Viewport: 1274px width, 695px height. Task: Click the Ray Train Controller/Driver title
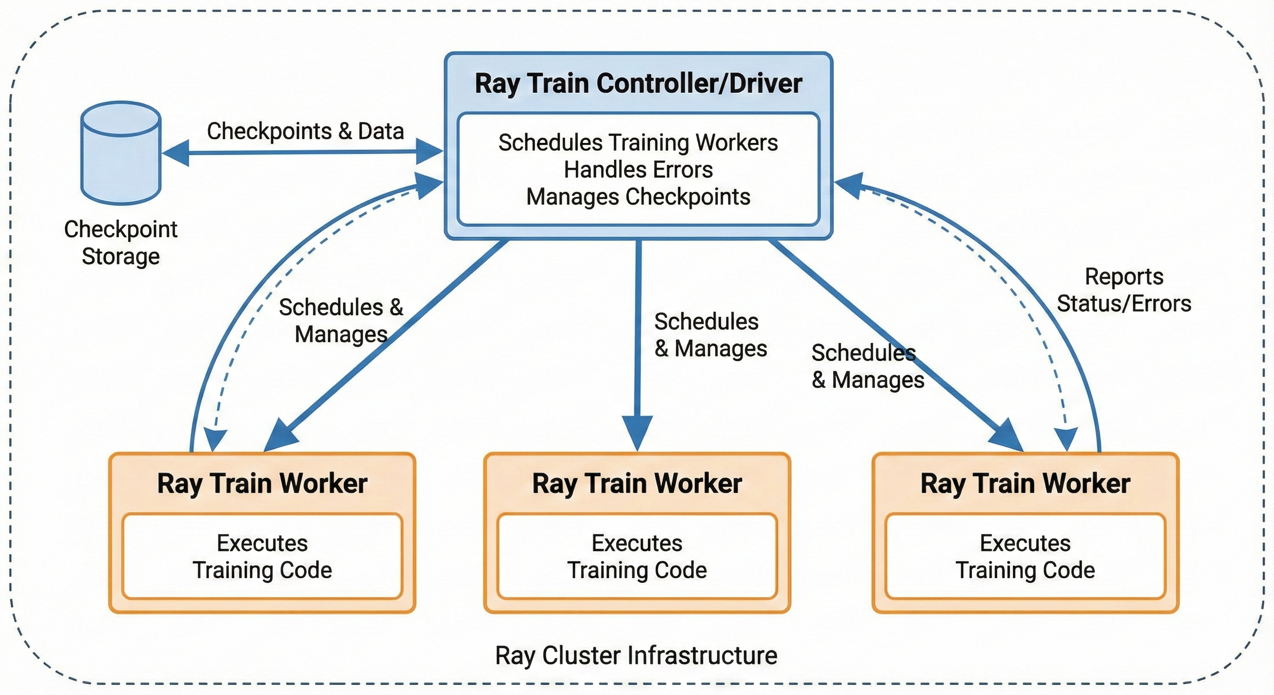coord(638,83)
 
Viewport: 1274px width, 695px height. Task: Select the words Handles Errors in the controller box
coord(638,170)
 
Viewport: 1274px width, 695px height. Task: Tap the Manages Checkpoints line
coord(638,197)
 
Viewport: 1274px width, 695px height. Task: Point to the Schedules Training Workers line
coord(638,143)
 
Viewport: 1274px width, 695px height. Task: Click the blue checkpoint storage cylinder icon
coord(121,153)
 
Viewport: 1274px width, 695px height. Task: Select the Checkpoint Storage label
coord(121,243)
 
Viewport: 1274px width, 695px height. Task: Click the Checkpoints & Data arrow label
coord(305,131)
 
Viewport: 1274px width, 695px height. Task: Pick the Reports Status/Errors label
coord(1124,290)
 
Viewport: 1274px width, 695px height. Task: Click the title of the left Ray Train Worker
coord(262,483)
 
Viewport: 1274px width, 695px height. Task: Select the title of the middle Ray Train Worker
coord(637,483)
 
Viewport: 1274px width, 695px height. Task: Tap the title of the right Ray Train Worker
coord(1025,483)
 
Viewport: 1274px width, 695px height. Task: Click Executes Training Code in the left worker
coord(262,557)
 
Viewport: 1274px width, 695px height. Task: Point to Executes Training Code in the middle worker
coord(637,557)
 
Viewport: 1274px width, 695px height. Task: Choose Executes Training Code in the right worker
coord(1025,557)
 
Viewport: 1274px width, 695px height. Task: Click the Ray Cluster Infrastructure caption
coord(636,656)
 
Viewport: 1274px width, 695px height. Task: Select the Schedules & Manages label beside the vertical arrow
coord(710,335)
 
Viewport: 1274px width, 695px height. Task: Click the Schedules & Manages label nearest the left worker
coord(341,320)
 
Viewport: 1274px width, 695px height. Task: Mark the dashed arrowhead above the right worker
coord(1066,439)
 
